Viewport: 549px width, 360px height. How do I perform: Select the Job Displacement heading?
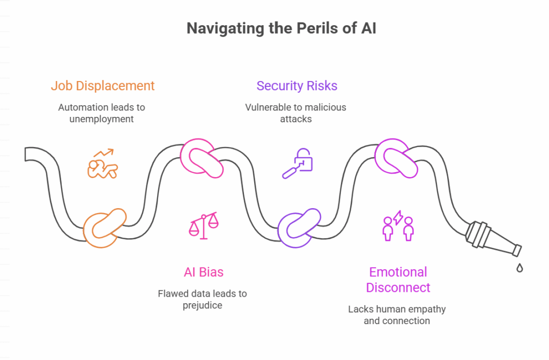[x=102, y=86]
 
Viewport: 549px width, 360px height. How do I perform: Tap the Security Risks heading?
[x=296, y=86]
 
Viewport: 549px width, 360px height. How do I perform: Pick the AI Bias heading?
[x=203, y=272]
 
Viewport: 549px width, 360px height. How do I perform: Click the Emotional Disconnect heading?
[x=398, y=280]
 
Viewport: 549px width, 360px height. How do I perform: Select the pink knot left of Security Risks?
[x=202, y=158]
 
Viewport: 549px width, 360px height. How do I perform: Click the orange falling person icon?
[x=102, y=164]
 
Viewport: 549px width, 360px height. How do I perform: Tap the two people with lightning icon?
[x=398, y=225]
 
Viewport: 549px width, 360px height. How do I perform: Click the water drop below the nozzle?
[x=519, y=268]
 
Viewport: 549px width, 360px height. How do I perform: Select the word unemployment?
[x=101, y=119]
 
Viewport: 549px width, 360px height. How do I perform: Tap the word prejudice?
[x=202, y=305]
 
